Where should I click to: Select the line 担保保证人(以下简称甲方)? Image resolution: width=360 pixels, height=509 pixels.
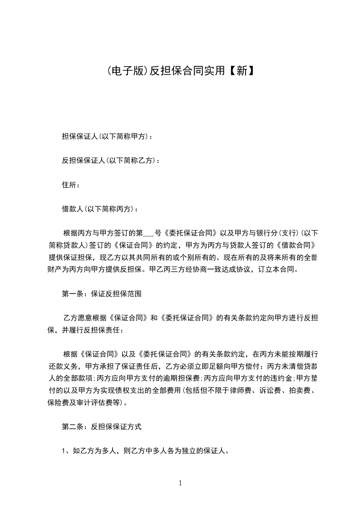click(x=107, y=136)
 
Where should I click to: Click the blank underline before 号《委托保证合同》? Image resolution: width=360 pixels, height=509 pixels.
click(x=148, y=234)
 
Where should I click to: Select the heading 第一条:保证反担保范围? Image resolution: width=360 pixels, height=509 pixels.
click(x=102, y=294)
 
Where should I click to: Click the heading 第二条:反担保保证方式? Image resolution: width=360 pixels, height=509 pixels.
click(x=102, y=426)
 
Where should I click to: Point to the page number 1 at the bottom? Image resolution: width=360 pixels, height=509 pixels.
click(x=180, y=483)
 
